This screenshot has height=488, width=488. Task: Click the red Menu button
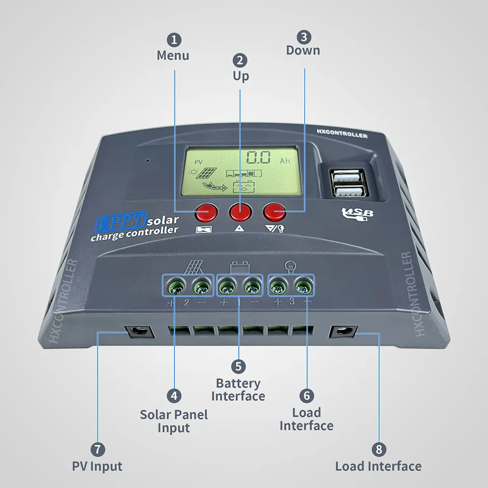(207, 211)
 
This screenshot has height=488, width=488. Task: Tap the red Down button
(274, 211)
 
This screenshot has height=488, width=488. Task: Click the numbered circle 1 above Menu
(175, 40)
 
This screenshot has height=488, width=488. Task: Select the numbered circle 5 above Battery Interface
(238, 367)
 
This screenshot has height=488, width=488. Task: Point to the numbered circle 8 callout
(379, 449)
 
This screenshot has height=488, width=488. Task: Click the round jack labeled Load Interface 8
(343, 332)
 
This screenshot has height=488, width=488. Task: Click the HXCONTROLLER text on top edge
(342, 135)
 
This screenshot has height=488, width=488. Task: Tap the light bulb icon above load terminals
(290, 265)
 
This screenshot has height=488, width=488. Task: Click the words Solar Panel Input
(174, 421)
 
